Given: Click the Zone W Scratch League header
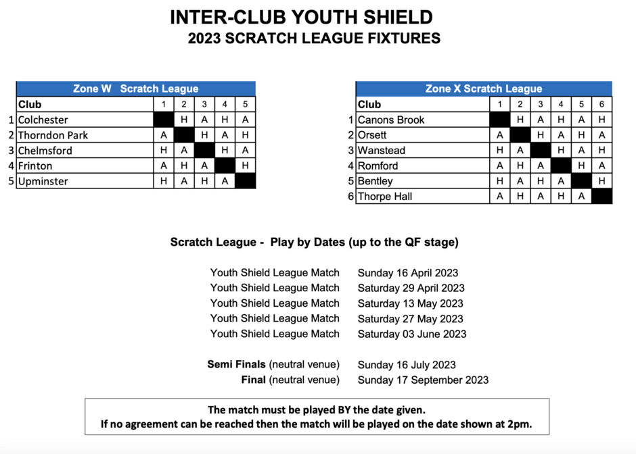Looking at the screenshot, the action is coord(135,89).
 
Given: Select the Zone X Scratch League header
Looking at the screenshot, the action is coord(484,89).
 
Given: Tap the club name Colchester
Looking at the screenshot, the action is coord(43,120).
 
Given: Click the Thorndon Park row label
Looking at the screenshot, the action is coord(53,135).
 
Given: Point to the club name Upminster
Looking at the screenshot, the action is coord(43,182).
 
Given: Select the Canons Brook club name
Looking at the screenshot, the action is coord(391,120).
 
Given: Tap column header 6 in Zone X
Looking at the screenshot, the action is coord(601,105).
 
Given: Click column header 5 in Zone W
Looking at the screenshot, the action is coord(245,105).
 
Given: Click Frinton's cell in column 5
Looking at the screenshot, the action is coord(245,166).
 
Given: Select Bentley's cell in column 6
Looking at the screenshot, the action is coord(601,181).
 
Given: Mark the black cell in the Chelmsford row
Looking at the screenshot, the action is coord(204,150).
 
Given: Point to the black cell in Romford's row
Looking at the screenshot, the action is coord(561,166).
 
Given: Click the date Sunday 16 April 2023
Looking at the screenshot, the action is coord(407,273).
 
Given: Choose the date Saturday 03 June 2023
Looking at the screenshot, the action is coord(412,334).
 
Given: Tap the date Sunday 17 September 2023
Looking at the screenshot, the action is coord(423,380).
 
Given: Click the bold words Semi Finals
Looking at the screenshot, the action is coord(237,365).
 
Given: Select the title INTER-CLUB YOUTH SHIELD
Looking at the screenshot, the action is coord(301,18).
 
